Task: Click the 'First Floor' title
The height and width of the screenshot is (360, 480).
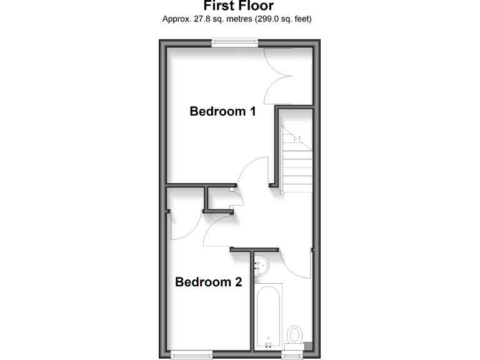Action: coord(239,6)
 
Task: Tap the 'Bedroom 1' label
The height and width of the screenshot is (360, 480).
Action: coord(222,112)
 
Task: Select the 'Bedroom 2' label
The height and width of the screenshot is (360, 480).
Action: coord(208,282)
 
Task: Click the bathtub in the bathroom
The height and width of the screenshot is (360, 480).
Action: coord(269,316)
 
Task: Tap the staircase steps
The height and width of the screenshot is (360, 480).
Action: coord(296,162)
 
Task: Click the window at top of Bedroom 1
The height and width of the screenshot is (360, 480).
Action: coord(234,42)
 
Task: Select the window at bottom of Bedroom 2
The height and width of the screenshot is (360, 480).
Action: coord(191,354)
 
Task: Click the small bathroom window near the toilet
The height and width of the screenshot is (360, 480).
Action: coord(292,354)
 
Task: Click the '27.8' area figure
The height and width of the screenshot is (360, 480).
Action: coord(197,19)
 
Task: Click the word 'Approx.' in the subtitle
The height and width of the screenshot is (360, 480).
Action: coord(174,19)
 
